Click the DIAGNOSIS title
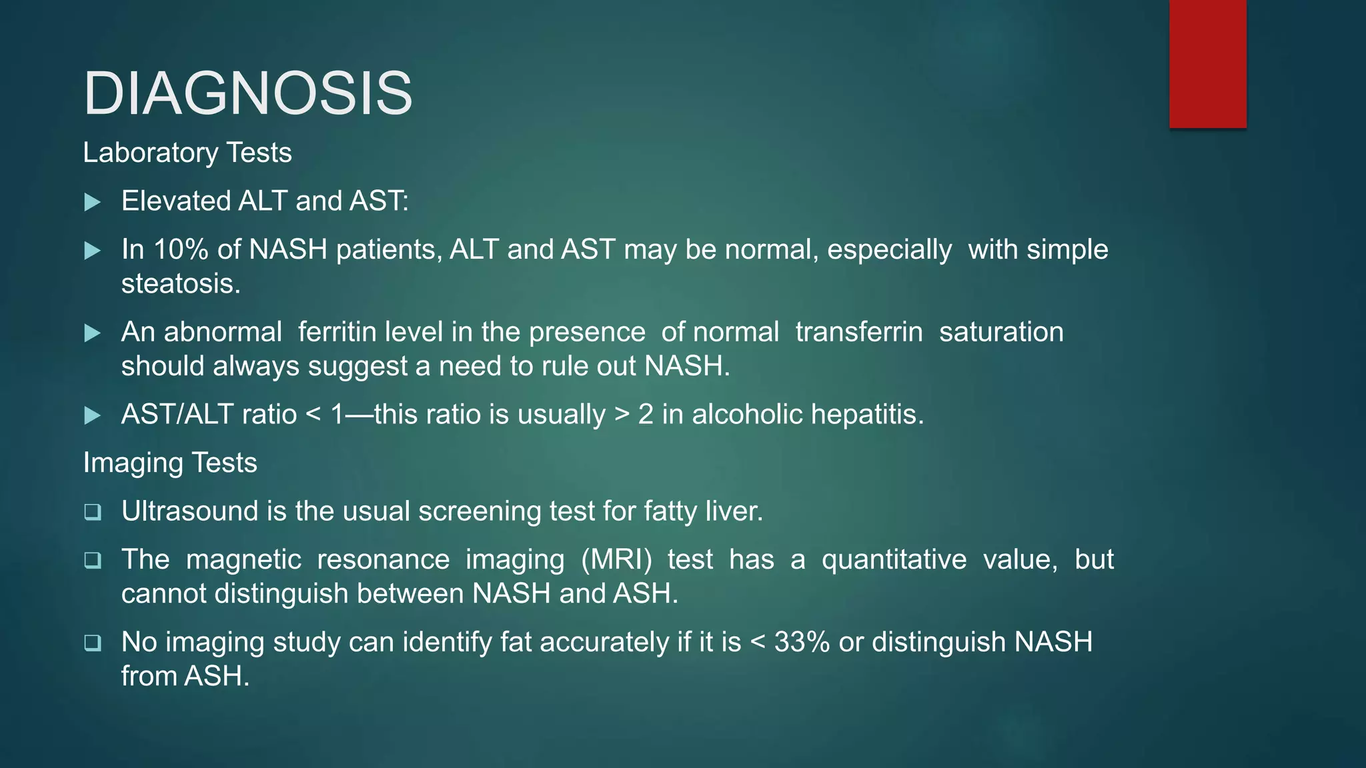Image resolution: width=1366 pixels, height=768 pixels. click(247, 93)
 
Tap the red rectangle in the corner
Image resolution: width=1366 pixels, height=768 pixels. click(1207, 63)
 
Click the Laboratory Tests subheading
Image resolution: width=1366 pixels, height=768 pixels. click(187, 153)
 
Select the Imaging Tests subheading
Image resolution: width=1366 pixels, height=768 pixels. click(170, 463)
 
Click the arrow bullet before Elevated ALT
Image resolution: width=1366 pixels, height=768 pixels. click(93, 202)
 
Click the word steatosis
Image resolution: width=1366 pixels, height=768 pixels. click(180, 284)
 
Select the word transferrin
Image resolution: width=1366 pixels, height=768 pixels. click(859, 332)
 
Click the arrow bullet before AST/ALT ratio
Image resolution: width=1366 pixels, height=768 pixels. click(93, 415)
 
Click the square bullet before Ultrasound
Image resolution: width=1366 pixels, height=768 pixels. click(93, 512)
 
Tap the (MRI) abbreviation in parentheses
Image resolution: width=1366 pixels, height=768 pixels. click(616, 559)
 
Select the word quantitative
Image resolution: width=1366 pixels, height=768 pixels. click(894, 559)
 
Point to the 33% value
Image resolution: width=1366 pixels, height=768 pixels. click(802, 642)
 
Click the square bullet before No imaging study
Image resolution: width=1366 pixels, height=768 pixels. click(93, 643)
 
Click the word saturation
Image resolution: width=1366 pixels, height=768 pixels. click(1001, 332)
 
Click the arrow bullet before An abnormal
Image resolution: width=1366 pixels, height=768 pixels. click(93, 333)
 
